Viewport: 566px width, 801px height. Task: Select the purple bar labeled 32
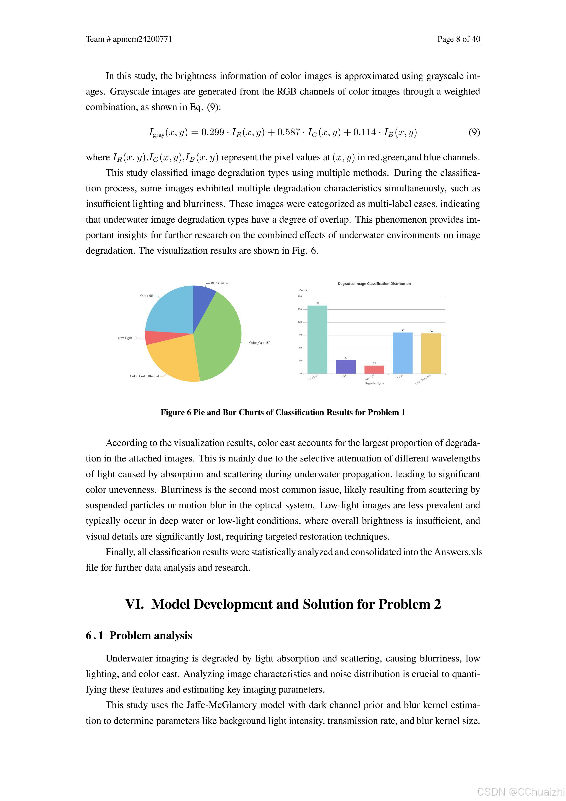click(346, 367)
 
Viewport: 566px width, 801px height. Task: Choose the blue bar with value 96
click(403, 353)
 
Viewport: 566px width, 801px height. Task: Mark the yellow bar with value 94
click(431, 353)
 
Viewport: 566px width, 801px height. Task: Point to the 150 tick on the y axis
click(300, 309)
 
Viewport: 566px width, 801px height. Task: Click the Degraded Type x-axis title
click(374, 383)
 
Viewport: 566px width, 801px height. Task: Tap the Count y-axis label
click(303, 290)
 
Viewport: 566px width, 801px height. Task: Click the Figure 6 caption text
click(283, 412)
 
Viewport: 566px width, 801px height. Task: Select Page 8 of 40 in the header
click(459, 39)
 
